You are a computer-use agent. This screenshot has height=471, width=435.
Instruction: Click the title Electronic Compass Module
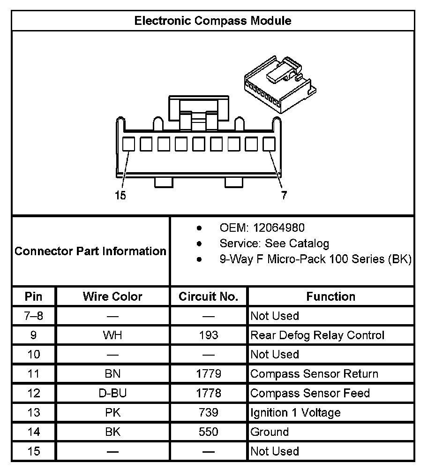(x=212, y=21)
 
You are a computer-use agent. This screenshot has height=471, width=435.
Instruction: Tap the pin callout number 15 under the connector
(x=120, y=196)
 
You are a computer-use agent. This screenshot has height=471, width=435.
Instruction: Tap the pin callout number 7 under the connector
(x=284, y=196)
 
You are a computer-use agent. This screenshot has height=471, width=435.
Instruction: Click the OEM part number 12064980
(x=278, y=228)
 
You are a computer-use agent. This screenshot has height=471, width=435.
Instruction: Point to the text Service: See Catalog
(x=274, y=243)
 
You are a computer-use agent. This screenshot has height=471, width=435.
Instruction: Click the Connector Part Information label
(x=90, y=251)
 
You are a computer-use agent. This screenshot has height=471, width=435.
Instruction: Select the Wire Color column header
(x=112, y=296)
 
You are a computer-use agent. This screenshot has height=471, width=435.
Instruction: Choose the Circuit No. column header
(x=209, y=296)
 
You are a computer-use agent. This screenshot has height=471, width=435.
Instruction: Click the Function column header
(x=330, y=296)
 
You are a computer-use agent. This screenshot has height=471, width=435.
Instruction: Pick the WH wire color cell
(x=112, y=335)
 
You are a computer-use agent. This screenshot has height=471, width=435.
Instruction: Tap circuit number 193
(x=209, y=335)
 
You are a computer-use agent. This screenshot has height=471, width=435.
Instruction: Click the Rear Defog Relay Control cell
(x=317, y=335)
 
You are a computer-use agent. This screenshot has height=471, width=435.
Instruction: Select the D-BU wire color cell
(x=112, y=393)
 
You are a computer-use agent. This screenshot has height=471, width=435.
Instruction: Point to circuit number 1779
(x=209, y=374)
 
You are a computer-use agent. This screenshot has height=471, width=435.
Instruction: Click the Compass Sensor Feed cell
(x=310, y=393)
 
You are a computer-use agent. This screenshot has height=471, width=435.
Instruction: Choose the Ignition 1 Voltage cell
(x=295, y=413)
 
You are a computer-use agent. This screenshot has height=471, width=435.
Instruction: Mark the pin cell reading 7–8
(x=33, y=316)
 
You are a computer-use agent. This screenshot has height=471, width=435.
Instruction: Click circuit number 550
(x=209, y=432)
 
